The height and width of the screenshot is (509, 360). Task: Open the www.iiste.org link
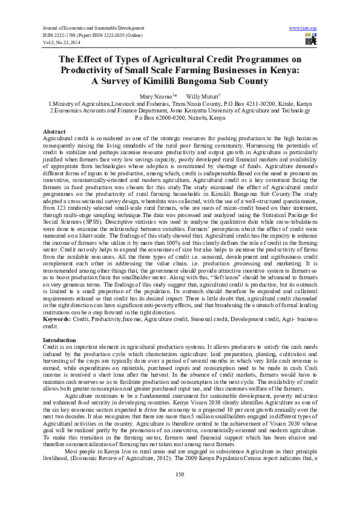[x=304, y=28]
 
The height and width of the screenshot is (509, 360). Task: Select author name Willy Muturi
[x=203, y=96]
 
